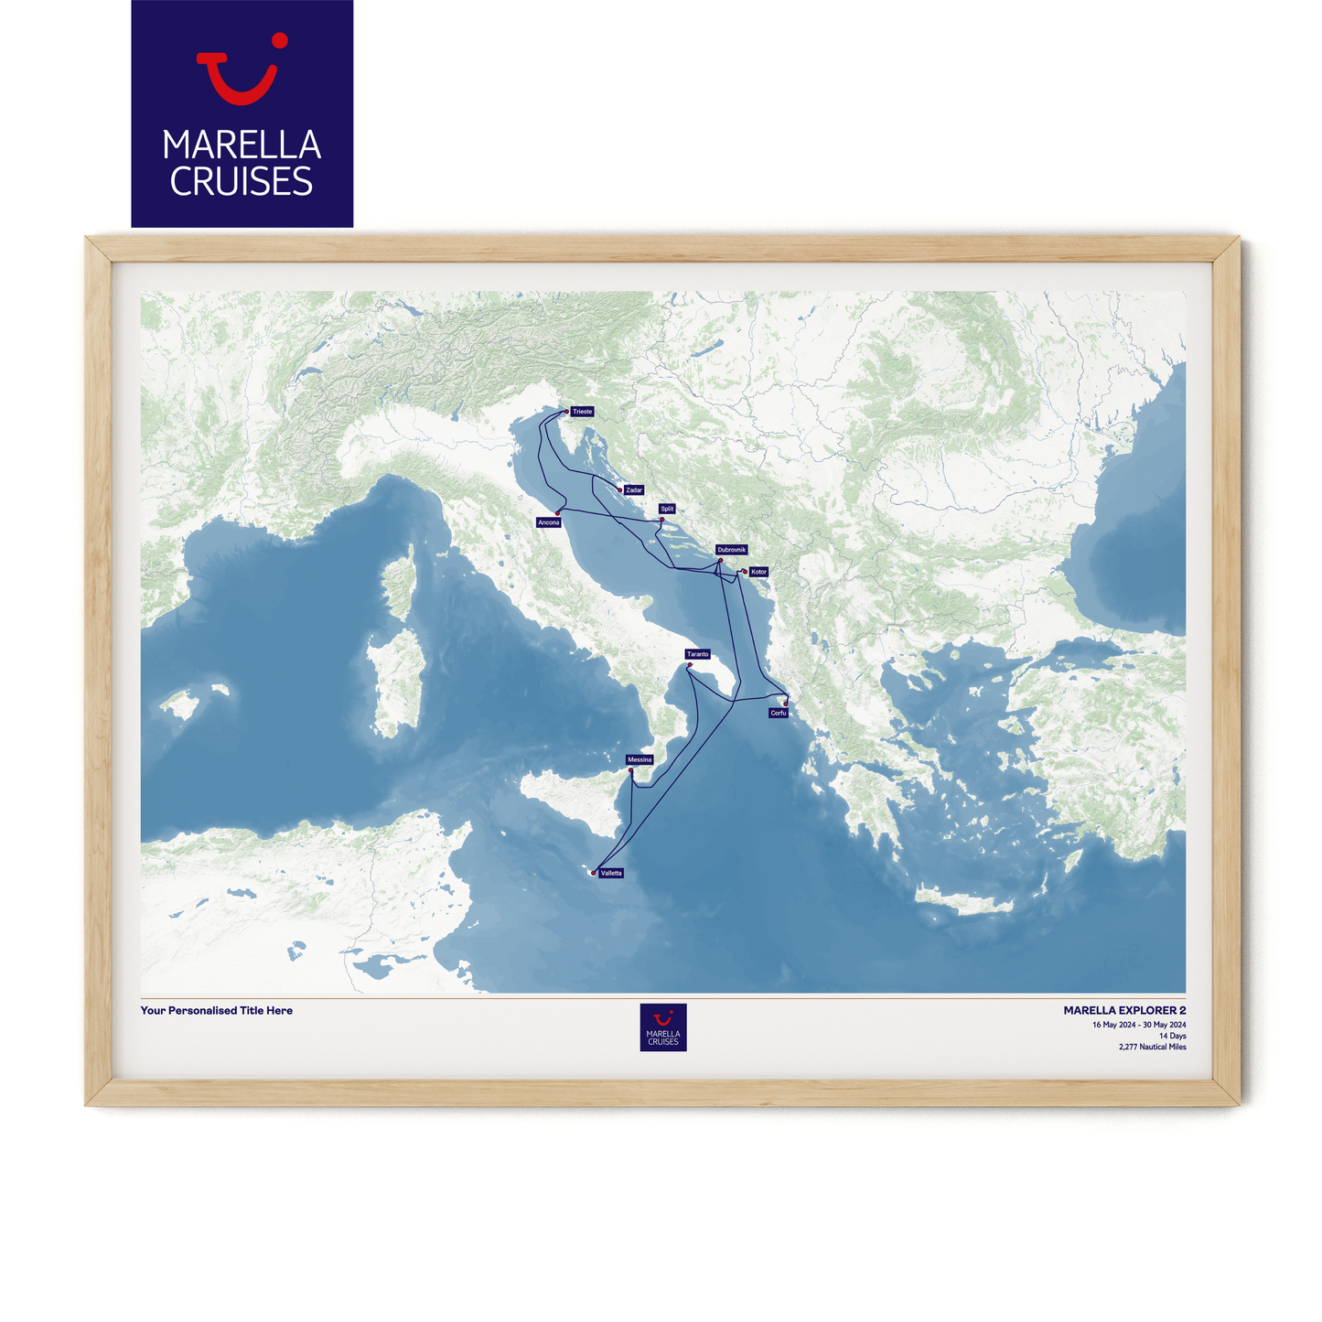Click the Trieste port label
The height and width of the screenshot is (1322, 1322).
583,412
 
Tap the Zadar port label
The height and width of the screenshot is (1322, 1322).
634,490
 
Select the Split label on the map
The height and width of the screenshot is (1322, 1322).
667,509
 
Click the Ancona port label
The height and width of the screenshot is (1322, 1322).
549,522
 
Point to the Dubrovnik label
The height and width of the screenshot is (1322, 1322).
732,550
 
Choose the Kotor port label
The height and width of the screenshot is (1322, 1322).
758,572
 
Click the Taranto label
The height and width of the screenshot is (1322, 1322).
698,654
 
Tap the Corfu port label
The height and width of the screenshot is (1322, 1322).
779,713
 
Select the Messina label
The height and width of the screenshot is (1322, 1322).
640,759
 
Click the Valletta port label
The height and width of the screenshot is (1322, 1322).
611,873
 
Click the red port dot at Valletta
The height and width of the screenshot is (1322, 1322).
594,873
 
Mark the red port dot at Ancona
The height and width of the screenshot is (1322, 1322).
558,512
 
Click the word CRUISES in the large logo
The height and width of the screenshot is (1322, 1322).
242,182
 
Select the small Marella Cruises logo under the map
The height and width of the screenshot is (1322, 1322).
662,1027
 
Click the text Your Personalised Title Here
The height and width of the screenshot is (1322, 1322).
217,1011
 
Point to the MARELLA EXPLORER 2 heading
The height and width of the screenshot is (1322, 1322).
1124,1011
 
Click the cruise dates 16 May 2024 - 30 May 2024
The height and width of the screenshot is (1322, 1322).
1139,1025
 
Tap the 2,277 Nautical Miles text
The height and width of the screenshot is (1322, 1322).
1152,1047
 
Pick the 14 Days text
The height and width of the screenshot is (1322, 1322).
1172,1036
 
